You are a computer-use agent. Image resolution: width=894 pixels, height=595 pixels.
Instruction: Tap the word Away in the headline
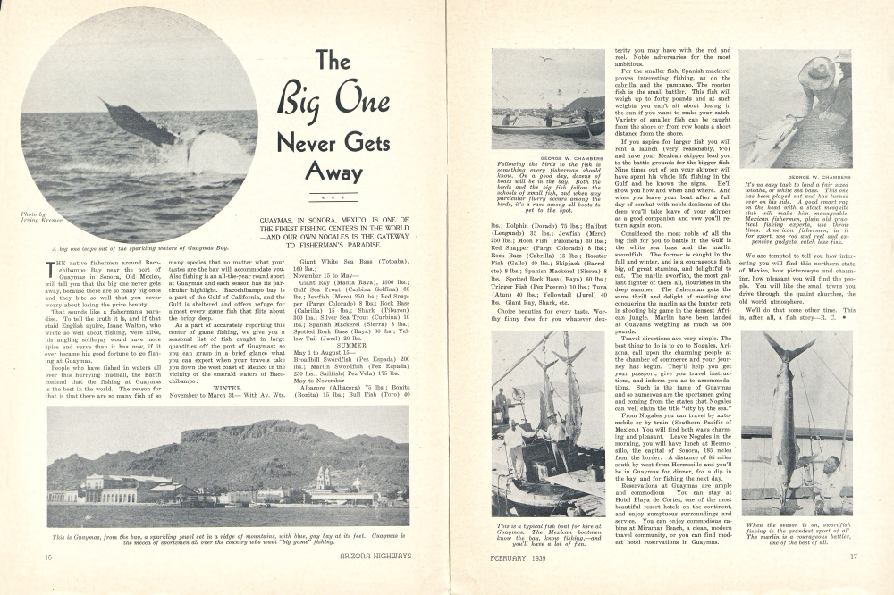pos(331,170)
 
